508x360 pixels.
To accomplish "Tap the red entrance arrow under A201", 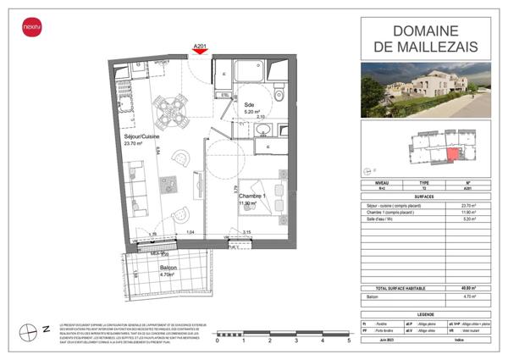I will [x=201, y=53].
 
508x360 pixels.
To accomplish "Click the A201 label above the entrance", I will [x=201, y=45].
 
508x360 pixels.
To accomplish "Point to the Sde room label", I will [x=250, y=102].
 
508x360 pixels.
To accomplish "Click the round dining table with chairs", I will [x=172, y=108].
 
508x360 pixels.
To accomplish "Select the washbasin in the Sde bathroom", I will [x=263, y=130].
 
